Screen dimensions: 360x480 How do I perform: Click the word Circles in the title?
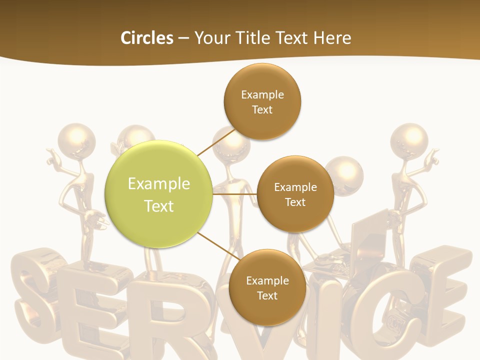tap(146, 38)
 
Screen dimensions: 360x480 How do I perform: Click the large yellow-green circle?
tap(159, 194)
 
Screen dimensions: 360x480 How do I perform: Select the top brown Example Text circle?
tap(262, 101)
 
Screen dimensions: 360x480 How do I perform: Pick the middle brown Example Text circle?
tap(295, 194)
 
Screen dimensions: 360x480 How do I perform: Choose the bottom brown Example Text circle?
tap(267, 287)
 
